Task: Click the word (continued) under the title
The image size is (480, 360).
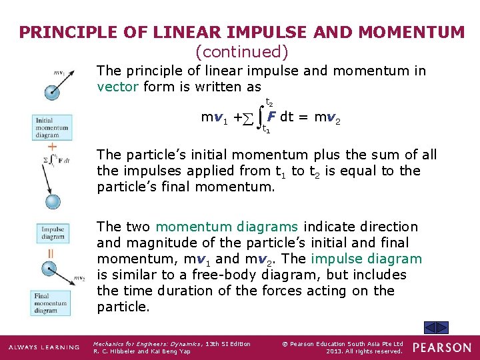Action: [241, 51]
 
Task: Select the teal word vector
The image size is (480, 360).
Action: [117, 87]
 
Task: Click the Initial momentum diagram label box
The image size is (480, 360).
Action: [52, 127]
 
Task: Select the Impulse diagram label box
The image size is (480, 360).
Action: [53, 233]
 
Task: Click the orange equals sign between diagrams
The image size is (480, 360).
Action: [51, 253]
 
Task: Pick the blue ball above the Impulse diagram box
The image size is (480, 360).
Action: [52, 201]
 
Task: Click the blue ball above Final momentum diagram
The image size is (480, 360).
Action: [49, 270]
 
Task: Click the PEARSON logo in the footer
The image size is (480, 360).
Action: [441, 347]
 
